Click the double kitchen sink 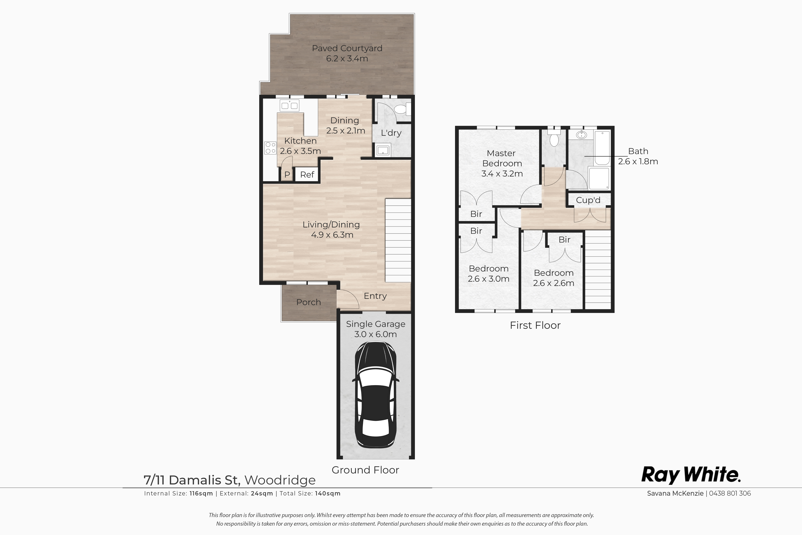click(289, 105)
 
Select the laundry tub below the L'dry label click(382, 150)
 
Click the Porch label click(309, 302)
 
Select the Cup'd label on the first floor click(588, 200)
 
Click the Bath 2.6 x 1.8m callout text click(638, 156)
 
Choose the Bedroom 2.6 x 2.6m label click(553, 278)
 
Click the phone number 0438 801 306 click(730, 493)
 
